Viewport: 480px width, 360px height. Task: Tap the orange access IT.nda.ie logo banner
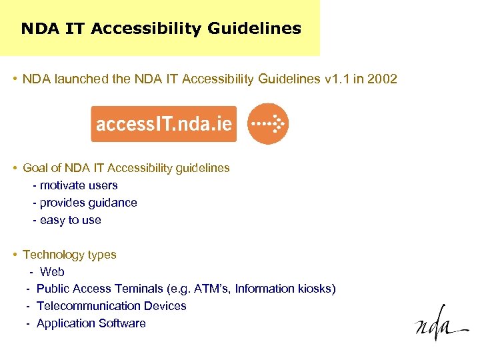tap(163, 124)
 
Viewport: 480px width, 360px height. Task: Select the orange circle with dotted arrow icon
tap(268, 124)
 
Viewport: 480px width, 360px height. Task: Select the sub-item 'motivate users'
tap(79, 185)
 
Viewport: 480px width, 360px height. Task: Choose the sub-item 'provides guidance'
tap(88, 203)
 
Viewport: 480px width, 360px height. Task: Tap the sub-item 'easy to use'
tap(70, 220)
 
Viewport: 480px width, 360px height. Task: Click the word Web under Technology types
tap(52, 272)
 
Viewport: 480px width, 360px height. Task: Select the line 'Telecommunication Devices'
tap(111, 306)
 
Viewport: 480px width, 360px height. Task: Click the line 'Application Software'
tap(91, 323)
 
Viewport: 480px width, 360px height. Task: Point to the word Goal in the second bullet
tap(35, 168)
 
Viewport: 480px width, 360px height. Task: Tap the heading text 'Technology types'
tap(69, 255)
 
